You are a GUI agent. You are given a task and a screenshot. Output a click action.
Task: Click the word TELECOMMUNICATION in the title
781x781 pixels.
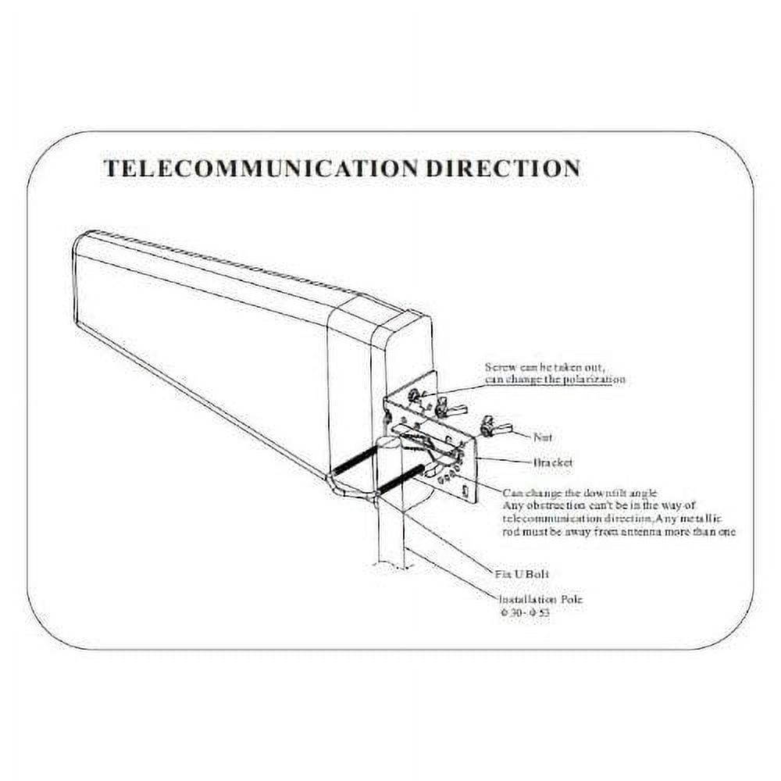[x=261, y=168]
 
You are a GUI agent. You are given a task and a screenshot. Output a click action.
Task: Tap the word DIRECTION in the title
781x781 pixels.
[x=501, y=168]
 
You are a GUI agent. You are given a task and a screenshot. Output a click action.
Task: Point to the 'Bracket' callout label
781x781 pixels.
[x=552, y=462]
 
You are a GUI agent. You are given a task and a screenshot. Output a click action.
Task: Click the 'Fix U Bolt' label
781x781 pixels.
[x=522, y=574]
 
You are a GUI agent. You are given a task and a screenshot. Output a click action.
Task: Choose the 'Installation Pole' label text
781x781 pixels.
[x=540, y=600]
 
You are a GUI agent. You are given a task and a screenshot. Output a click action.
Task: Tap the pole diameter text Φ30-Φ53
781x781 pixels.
[x=530, y=613]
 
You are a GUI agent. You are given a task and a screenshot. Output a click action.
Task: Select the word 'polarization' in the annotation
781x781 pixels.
[x=596, y=380]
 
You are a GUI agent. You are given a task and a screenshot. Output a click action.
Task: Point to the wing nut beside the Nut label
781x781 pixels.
[x=494, y=426]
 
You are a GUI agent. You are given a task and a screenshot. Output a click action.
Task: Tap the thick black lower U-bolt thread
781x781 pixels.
[x=400, y=480]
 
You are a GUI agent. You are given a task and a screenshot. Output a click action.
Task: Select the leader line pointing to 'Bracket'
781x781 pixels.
[x=504, y=460]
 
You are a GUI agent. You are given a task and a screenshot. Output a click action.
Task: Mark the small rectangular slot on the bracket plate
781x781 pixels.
[x=466, y=491]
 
